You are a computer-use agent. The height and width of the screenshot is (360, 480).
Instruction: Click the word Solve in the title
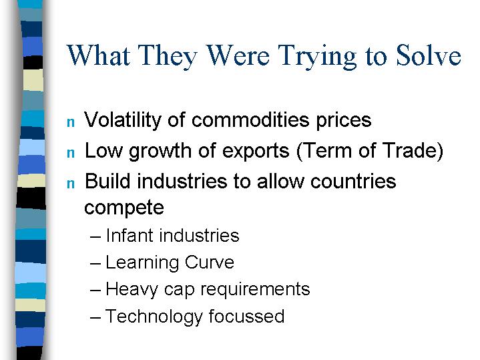(429, 55)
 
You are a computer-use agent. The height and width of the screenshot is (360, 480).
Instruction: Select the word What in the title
(99, 55)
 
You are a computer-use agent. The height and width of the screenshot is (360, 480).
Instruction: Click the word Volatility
(123, 120)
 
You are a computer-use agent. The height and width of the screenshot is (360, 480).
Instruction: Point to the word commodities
(250, 120)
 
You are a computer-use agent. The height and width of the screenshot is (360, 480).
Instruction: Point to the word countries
(353, 181)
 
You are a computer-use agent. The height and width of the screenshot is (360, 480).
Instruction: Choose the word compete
(124, 208)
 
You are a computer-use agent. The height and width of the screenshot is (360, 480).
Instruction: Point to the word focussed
(247, 316)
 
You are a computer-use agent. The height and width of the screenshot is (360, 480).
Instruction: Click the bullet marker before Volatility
(71, 122)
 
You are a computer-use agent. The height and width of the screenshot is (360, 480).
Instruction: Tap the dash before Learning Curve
(95, 264)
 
